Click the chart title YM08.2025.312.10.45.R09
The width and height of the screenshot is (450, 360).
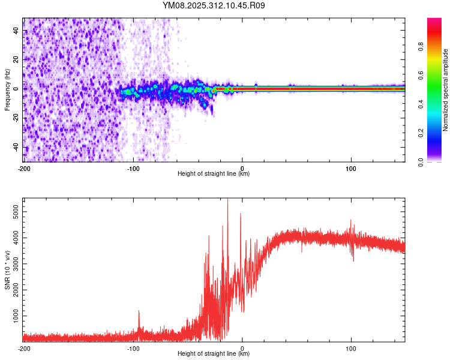pyautogui.click(x=214, y=5)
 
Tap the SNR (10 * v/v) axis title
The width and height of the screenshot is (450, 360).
pyautogui.click(x=7, y=270)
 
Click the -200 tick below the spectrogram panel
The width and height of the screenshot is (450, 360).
pyautogui.click(x=24, y=168)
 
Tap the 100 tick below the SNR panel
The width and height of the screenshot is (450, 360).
pyautogui.click(x=351, y=349)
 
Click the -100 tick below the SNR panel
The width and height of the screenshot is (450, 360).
pyautogui.click(x=133, y=349)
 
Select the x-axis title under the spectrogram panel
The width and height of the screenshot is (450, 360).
pyautogui.click(x=214, y=174)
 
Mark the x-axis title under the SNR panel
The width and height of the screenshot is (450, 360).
pyautogui.click(x=214, y=354)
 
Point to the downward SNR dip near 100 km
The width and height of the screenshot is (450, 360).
pyautogui.click(x=353, y=259)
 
